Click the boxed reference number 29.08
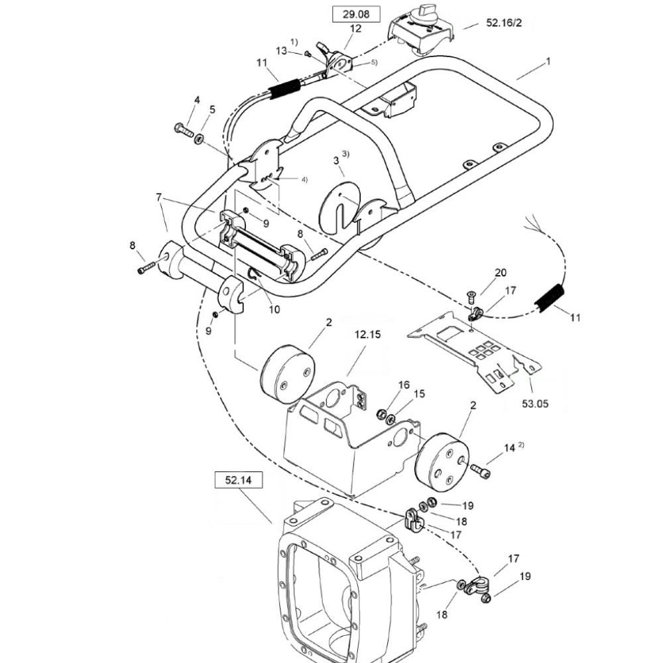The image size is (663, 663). (x=355, y=14)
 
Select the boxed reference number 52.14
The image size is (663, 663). (x=239, y=480)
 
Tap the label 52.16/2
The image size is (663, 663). (x=504, y=23)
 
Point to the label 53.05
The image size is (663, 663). (x=535, y=403)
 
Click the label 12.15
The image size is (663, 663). (x=367, y=334)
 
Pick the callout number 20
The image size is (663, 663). (x=500, y=272)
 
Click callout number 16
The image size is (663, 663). (x=404, y=385)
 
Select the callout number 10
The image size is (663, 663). (x=274, y=310)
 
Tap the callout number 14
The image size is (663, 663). (x=509, y=448)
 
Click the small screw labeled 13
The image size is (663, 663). (x=308, y=54)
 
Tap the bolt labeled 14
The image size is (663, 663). (x=479, y=470)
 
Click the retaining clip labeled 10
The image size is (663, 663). (x=254, y=275)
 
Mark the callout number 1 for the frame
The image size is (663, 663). (x=548, y=62)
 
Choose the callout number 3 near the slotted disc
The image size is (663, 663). (x=335, y=160)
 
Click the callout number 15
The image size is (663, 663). (x=419, y=394)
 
